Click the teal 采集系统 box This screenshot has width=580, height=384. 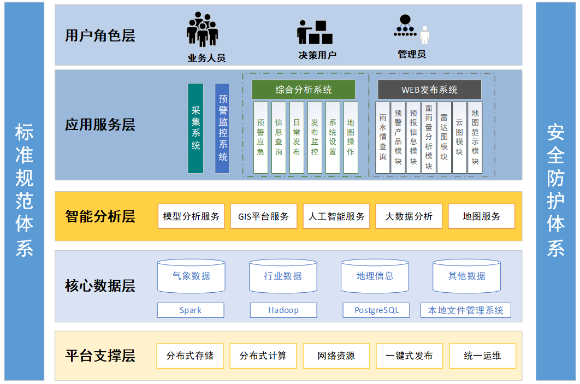coord(196,128)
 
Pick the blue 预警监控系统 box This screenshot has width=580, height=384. coord(222,128)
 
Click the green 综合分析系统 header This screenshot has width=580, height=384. coord(303,90)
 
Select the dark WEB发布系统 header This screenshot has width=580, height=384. coord(429,90)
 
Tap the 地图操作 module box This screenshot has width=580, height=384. coord(351,138)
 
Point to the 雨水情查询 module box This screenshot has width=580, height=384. coord(383,138)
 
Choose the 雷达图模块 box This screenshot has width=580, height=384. coord(444,138)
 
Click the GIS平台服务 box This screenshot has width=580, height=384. coord(264,216)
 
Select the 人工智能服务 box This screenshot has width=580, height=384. coord(336,216)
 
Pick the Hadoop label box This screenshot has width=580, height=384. coord(283,310)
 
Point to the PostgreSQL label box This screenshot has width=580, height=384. coord(376,310)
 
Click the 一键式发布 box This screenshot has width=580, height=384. coord(409,356)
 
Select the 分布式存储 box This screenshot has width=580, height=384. coord(190,356)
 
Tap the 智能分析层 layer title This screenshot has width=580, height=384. coord(100,216)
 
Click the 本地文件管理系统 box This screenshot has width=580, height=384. coord(466,310)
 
